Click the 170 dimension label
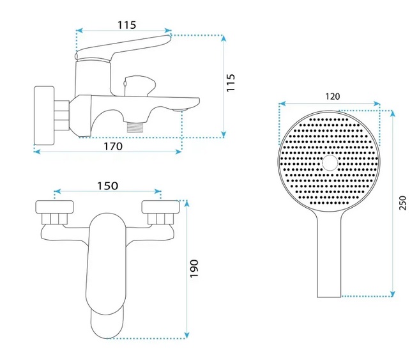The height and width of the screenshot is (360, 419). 112,146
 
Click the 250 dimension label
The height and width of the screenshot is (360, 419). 402,203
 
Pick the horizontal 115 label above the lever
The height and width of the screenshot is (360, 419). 126,25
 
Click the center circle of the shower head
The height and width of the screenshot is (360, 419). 330,163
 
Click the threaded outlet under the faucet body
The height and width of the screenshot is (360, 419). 135,126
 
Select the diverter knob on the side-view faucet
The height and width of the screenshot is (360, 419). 137,82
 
